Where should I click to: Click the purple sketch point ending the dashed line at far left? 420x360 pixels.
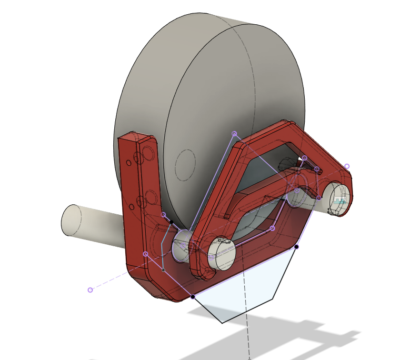click(x=90, y=290)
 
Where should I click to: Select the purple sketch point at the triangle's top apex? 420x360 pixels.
click(x=234, y=134)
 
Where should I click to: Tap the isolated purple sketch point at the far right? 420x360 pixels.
click(x=347, y=166)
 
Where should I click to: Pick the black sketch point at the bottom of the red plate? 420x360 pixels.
click(x=192, y=297)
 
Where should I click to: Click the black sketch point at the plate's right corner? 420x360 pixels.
click(x=296, y=247)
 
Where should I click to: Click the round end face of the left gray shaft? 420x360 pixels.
click(x=70, y=220)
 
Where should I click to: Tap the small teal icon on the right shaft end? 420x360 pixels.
click(x=340, y=200)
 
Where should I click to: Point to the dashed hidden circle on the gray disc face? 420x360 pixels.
click(x=185, y=165)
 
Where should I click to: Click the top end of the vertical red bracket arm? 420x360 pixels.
click(x=136, y=138)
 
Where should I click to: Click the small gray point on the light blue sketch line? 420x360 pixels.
click(x=163, y=270)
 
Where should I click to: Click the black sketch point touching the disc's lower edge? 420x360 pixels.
click(x=171, y=221)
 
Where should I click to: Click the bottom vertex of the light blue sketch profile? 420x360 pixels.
click(x=222, y=323)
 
